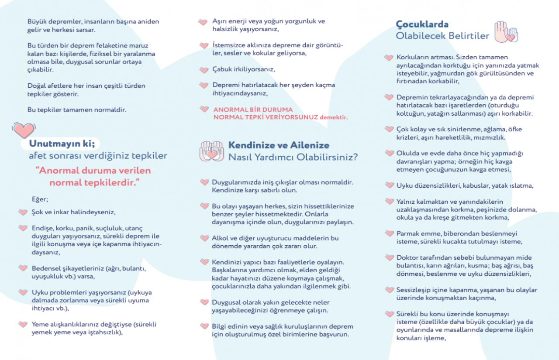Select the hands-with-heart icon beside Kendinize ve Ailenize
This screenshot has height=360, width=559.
coord(211,151)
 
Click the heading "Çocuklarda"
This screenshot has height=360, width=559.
coord(422,24)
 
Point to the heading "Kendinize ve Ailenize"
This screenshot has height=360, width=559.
coord(279,145)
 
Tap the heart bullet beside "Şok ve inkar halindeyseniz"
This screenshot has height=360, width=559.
coord(23,213)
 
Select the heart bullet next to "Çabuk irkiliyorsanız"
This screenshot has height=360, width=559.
coord(204,70)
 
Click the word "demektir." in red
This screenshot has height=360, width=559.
coord(334,117)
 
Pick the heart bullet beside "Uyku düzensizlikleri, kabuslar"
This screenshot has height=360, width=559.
coord(389,185)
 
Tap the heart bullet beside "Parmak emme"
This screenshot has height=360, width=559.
coord(389,233)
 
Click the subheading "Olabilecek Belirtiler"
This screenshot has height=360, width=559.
coord(442,36)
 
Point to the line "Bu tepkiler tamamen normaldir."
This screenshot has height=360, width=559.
coord(77,110)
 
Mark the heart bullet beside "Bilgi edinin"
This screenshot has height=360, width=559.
coord(204,326)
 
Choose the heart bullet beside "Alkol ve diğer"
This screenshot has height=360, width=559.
coord(204,238)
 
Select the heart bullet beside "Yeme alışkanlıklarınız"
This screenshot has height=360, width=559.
coord(23,324)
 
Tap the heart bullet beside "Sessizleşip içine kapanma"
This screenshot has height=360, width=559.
coord(389,290)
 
